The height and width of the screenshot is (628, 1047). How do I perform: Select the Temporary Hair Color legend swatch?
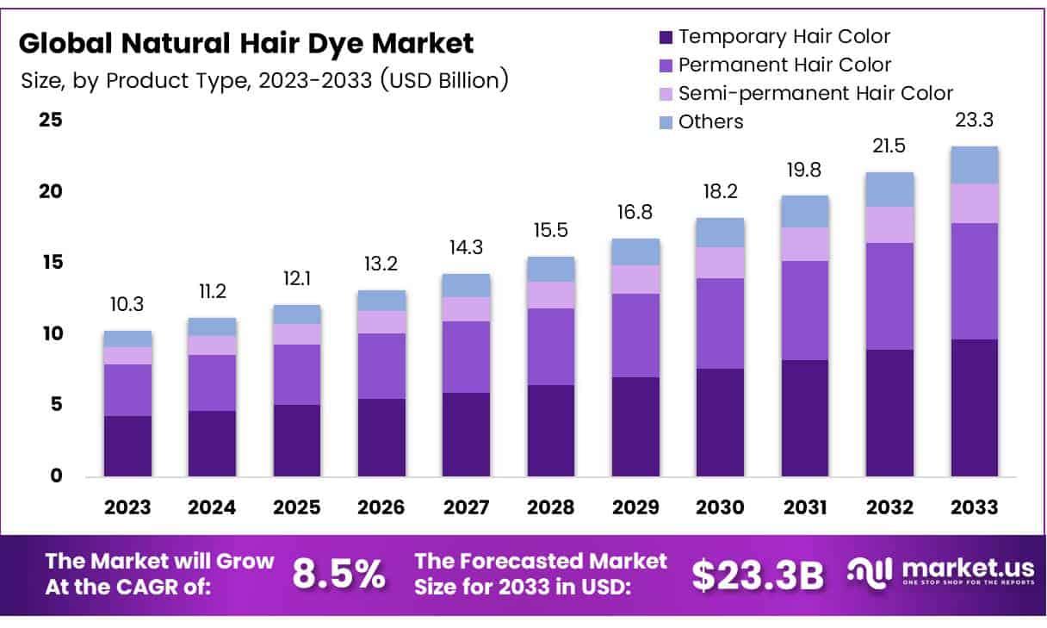click(665, 37)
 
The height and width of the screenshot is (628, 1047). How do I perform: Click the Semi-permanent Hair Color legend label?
click(815, 93)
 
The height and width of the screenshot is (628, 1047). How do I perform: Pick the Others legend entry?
click(710, 121)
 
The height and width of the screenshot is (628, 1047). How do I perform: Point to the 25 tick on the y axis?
click(51, 120)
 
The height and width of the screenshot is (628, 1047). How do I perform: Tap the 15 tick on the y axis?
click(51, 262)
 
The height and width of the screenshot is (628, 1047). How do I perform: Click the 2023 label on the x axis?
click(127, 507)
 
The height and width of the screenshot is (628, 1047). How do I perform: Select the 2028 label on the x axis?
click(551, 507)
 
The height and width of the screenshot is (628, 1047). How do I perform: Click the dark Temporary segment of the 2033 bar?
click(975, 407)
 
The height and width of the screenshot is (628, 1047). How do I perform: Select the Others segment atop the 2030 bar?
click(721, 233)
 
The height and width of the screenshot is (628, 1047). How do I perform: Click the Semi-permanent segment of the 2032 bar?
click(889, 225)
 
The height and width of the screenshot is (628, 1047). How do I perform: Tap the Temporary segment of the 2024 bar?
click(212, 443)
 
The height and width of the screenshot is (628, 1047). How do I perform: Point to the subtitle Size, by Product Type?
click(263, 81)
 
